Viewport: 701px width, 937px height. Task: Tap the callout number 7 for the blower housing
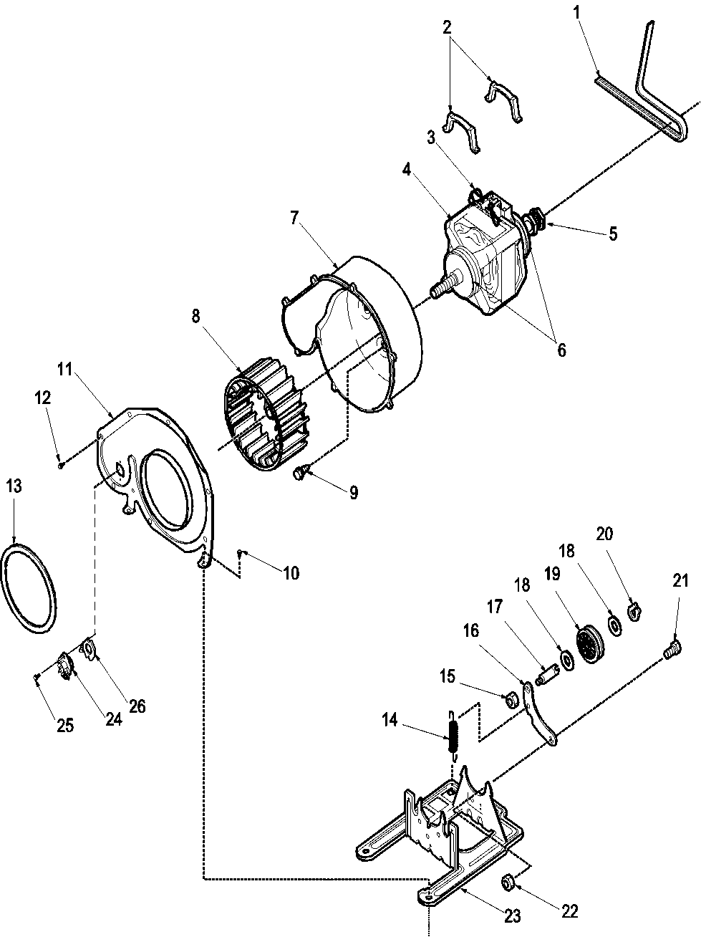click(x=294, y=218)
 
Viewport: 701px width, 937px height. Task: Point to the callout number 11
click(x=65, y=370)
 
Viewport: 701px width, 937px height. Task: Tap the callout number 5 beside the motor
click(x=613, y=234)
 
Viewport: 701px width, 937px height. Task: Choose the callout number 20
click(x=604, y=534)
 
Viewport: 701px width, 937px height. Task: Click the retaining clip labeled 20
click(x=633, y=611)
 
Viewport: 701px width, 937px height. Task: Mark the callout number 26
click(x=137, y=706)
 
